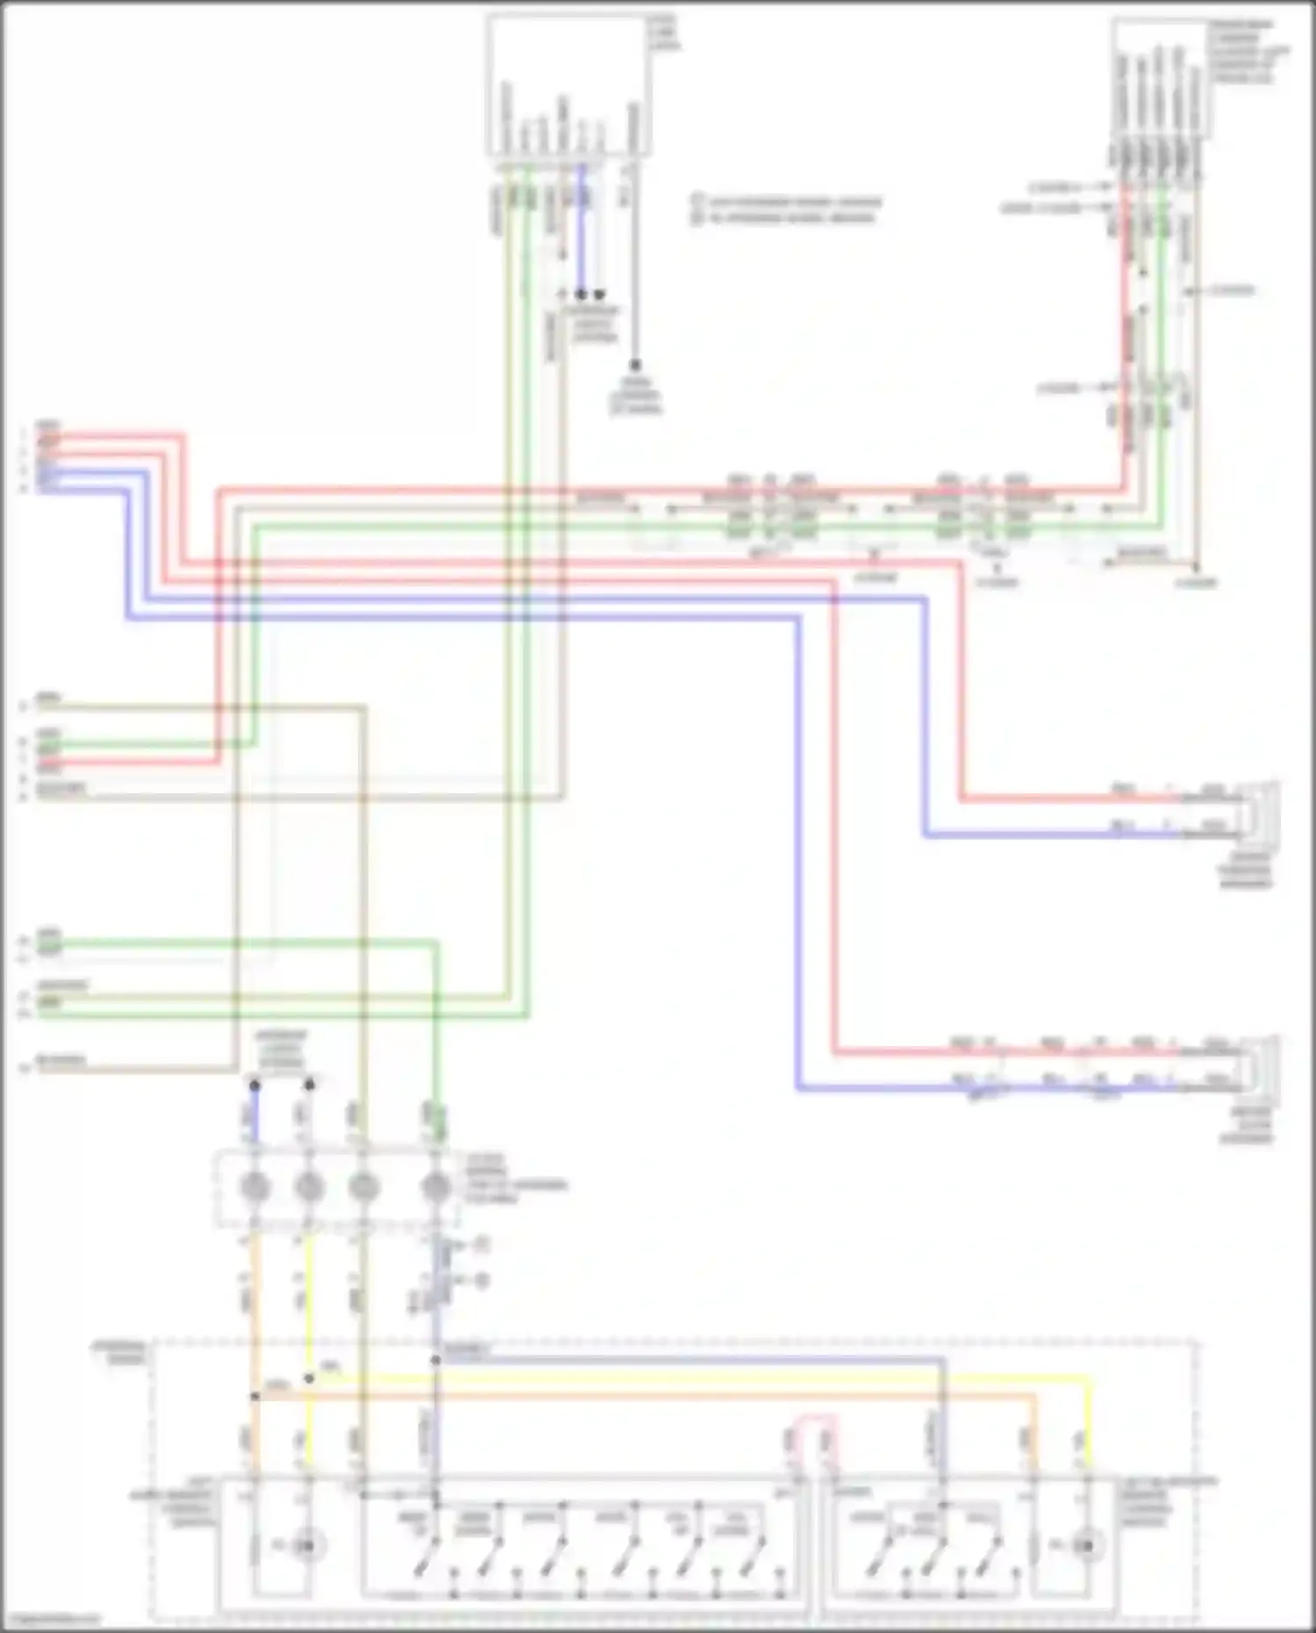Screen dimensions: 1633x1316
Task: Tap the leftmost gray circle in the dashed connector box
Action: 255,1187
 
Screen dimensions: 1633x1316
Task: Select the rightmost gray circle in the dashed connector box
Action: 436,1187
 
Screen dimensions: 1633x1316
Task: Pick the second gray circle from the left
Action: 309,1187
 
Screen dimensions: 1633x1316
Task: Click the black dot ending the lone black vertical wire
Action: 634,364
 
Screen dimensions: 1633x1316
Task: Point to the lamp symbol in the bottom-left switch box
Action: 304,1544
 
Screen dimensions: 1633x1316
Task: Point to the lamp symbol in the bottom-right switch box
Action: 1087,1544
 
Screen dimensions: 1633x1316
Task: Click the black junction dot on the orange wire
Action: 255,1396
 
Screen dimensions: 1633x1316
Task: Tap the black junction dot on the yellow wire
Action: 309,1379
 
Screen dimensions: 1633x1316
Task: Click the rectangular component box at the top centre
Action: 569,85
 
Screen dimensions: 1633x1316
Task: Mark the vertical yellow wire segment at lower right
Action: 1091,1422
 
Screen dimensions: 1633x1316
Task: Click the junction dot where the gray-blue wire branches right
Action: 436,1360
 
